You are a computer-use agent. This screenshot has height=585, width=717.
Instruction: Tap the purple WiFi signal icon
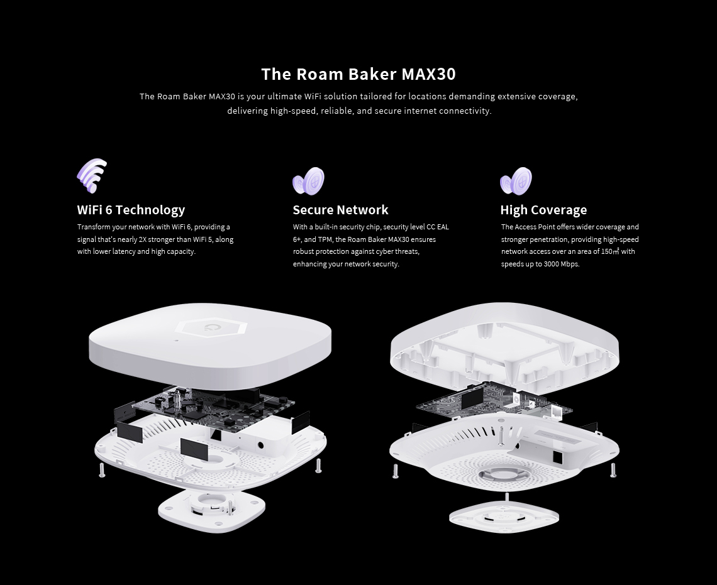click(92, 176)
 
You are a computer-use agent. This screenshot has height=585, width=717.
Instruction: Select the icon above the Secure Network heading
click(309, 182)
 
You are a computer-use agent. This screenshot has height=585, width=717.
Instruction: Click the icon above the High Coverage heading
click(516, 182)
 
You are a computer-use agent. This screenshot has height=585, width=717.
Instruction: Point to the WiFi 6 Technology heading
click(131, 210)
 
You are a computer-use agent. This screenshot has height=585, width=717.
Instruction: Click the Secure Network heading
click(340, 210)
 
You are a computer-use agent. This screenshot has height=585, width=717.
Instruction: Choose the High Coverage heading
click(543, 210)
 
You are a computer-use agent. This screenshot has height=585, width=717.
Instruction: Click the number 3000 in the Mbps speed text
click(551, 264)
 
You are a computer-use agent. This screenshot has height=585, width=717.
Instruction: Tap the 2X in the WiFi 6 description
click(142, 239)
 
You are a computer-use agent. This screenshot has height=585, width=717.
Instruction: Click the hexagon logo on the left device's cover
click(211, 327)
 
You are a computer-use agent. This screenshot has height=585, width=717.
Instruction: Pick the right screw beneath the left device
click(318, 466)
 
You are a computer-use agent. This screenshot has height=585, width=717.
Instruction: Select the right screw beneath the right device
click(613, 471)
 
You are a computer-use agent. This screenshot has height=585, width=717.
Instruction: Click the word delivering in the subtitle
click(247, 111)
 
